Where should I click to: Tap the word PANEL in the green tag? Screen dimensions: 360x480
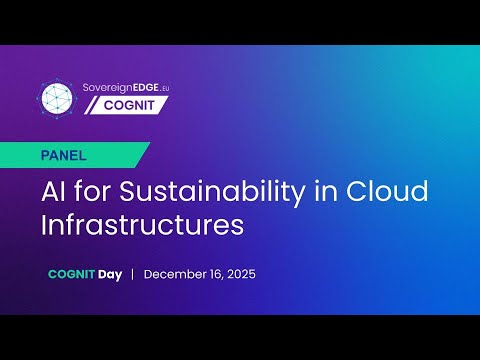66,156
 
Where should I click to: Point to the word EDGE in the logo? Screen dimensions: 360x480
153,87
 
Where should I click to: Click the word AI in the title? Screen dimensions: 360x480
55,189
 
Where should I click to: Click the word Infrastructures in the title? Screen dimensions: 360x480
142,223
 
